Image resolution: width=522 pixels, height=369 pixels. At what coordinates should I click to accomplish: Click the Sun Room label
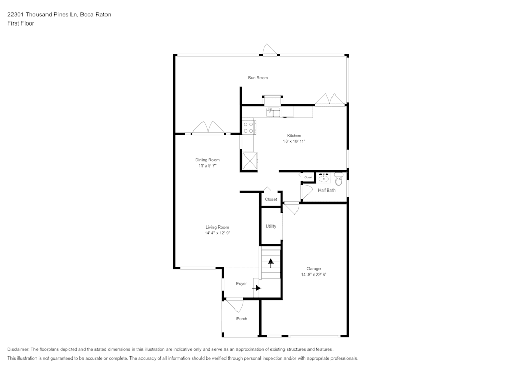coord(258,78)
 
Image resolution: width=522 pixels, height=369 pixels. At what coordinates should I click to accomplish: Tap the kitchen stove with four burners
coord(248,127)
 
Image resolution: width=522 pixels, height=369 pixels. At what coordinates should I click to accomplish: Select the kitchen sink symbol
coord(274,112)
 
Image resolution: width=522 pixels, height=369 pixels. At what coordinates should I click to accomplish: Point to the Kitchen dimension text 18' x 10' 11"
coord(294,141)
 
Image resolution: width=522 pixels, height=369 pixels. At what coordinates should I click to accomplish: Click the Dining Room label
coord(207,160)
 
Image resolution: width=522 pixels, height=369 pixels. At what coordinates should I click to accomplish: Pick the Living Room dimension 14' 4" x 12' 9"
coord(217,233)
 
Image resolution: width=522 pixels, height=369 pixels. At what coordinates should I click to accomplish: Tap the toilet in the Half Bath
coord(339,179)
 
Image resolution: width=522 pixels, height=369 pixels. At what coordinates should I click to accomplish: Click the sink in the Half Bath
coord(323,178)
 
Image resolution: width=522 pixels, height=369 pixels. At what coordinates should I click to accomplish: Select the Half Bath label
coord(327,191)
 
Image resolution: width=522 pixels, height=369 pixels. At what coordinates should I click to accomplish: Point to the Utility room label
coord(270,227)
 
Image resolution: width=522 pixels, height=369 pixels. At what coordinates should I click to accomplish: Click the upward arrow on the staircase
coord(271,263)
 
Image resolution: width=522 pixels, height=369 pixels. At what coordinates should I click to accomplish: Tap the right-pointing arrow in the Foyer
coord(256,288)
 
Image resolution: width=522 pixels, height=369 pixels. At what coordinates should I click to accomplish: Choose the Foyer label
coord(241,284)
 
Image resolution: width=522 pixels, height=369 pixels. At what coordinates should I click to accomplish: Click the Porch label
coord(242,319)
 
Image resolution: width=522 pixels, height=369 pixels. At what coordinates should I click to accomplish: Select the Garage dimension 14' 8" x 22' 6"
coord(314,275)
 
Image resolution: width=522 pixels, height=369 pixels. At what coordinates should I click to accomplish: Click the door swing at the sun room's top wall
coord(270,50)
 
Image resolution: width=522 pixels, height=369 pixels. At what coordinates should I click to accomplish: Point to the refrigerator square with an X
coord(250,161)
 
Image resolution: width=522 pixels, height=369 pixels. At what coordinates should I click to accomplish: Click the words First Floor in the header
coord(21,23)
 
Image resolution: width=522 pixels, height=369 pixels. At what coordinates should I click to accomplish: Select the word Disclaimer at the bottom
coord(18,349)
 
